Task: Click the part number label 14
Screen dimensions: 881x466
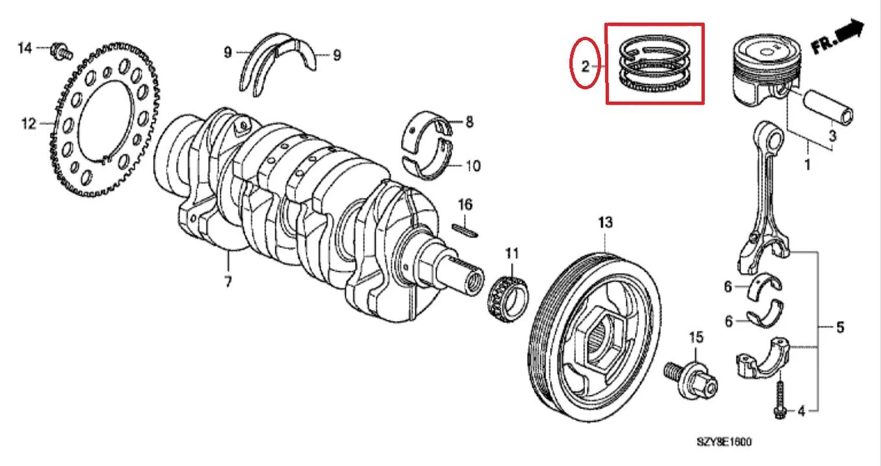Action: [x=25, y=49]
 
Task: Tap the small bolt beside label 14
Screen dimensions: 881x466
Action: [x=61, y=51]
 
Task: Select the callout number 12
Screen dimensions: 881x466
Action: [x=29, y=124]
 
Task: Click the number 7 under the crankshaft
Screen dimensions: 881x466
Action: [x=228, y=282]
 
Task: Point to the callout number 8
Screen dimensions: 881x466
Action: [x=469, y=122]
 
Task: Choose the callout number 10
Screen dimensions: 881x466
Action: [x=473, y=166]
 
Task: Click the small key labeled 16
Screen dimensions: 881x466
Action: [x=465, y=230]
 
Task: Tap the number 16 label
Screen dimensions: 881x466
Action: [x=465, y=205]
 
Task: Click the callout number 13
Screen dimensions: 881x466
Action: [x=605, y=223]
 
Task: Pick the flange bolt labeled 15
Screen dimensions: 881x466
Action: [x=691, y=379]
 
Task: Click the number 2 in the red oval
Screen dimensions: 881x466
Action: [x=585, y=67]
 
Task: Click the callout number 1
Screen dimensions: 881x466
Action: [x=807, y=164]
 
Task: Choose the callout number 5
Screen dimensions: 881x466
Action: [x=840, y=327]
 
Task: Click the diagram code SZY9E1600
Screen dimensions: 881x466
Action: [x=724, y=442]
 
